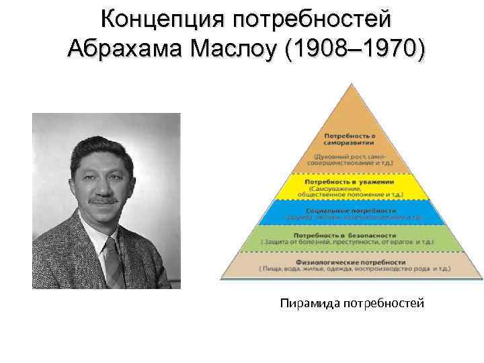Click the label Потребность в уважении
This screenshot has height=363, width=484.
pyautogui.click(x=350, y=182)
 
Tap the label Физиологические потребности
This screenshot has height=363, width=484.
pyautogui.click(x=350, y=260)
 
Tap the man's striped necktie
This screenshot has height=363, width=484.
pyautogui.click(x=113, y=259)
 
